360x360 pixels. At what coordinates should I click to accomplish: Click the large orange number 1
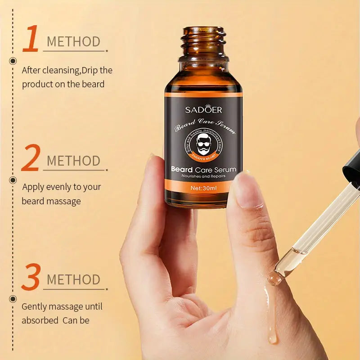tap(30, 39)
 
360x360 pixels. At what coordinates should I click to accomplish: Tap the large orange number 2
tap(30, 158)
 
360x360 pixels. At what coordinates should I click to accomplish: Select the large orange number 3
tap(31, 277)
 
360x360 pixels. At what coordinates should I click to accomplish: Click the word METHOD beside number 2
tap(73, 161)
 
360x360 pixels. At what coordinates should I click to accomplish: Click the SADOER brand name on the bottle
tap(203, 109)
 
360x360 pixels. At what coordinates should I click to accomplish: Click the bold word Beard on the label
tap(182, 170)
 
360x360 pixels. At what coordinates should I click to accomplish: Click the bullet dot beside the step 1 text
tap(13, 61)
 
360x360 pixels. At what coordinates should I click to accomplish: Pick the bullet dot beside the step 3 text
tap(13, 298)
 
